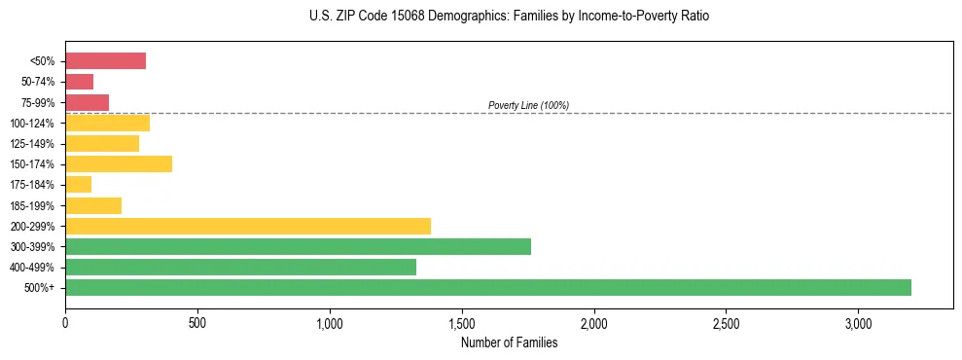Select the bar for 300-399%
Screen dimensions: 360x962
pyautogui.click(x=298, y=246)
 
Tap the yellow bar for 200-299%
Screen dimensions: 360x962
pyautogui.click(x=248, y=226)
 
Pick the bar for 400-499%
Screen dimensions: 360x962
pyautogui.click(x=240, y=267)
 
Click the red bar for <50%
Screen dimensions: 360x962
pyautogui.click(x=105, y=61)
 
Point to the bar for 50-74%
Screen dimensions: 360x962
pyautogui.click(x=80, y=82)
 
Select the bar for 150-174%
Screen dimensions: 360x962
pyautogui.click(x=119, y=163)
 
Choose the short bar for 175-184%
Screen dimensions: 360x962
pyautogui.click(x=79, y=184)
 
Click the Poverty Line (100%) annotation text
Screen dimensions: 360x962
pyautogui.click(x=528, y=105)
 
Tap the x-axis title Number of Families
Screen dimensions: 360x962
pyautogui.click(x=509, y=342)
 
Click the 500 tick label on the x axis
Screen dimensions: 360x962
pyautogui.click(x=197, y=322)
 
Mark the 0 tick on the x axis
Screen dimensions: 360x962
pyautogui.click(x=65, y=322)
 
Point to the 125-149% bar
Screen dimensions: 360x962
pyautogui.click(x=102, y=143)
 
